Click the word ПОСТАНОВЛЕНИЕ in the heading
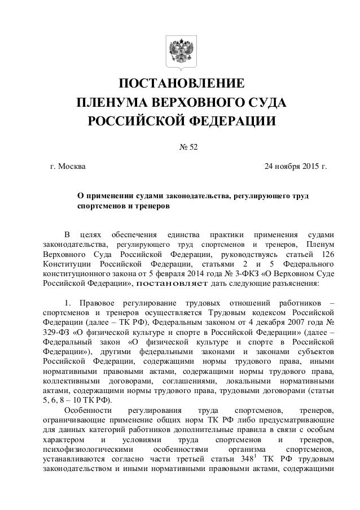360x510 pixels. coord(181,85)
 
